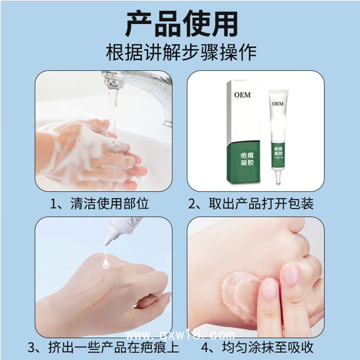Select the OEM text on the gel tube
tap(277, 103)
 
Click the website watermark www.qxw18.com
tap(180, 334)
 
